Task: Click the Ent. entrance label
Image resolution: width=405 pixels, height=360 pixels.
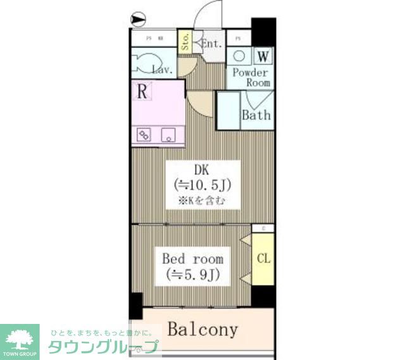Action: (x=211, y=44)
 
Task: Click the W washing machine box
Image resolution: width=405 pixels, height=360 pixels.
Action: (x=264, y=55)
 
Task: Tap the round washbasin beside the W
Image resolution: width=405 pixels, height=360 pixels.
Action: (x=240, y=55)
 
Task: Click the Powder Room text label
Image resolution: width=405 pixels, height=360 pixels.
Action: (x=251, y=77)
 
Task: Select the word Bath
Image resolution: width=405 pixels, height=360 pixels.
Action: (x=257, y=115)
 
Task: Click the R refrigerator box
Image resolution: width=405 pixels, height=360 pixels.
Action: (x=144, y=91)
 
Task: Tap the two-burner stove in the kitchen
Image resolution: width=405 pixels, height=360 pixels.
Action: (x=144, y=134)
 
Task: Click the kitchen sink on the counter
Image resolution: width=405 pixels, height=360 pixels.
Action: (x=169, y=134)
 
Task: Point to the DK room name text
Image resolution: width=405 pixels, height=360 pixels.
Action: (x=201, y=170)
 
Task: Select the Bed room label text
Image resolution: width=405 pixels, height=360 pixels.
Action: (x=192, y=259)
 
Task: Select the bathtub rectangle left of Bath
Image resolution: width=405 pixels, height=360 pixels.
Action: (x=228, y=111)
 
